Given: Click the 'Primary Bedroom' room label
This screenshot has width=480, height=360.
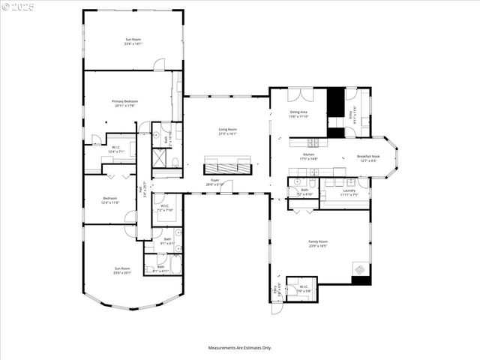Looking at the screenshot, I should [124, 101].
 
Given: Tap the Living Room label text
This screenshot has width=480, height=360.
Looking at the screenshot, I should [228, 130].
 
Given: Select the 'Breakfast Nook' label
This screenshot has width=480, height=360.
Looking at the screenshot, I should [368, 157].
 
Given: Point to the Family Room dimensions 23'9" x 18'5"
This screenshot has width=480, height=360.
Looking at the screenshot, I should [319, 246].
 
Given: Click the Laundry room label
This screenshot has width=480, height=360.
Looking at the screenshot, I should [349, 190].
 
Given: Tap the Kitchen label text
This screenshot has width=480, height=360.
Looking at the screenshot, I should [309, 155].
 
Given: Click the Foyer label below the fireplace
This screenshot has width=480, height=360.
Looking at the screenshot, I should [214, 181].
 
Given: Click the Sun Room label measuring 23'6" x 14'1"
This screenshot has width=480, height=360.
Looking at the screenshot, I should [133, 40].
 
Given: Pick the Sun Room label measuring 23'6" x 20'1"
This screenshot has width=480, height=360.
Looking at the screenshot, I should [121, 268].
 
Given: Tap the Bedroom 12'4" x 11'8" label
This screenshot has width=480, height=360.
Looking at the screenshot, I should [109, 199].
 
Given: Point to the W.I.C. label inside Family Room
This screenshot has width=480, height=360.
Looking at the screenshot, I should [304, 286].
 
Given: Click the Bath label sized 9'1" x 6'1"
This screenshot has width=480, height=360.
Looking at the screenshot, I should [168, 239].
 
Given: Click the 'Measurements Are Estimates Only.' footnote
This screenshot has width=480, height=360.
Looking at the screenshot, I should [240, 347].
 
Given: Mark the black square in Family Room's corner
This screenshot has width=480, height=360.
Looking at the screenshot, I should [361, 280].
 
